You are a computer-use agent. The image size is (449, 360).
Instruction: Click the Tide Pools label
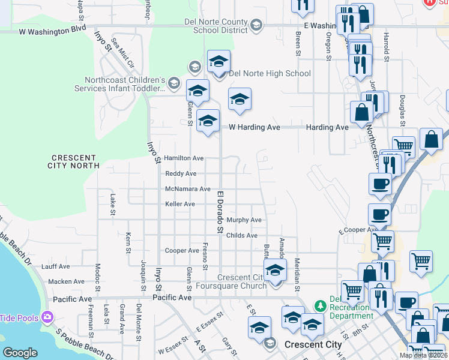[19, 318]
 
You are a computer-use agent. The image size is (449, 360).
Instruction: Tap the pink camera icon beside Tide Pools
[47, 317]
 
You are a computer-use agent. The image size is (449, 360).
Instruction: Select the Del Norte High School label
[270, 74]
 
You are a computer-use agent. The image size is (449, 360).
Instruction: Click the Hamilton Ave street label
[184, 158]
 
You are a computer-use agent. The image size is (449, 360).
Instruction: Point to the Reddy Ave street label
[181, 174]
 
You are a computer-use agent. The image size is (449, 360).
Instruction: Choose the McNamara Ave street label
[188, 189]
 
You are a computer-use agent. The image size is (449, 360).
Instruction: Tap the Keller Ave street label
[180, 205]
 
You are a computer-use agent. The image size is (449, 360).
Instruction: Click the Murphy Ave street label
[244, 220]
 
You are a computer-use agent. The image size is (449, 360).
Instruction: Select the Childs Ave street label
[242, 236]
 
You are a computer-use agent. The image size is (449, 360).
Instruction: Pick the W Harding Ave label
[255, 127]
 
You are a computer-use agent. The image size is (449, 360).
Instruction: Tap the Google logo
[20, 353]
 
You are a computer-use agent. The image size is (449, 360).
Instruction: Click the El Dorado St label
[220, 212]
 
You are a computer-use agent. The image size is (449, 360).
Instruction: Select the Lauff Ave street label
[56, 266]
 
